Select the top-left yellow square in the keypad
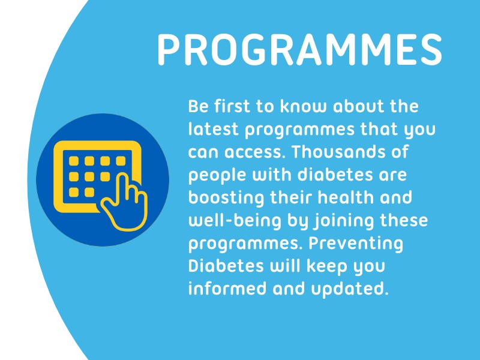[74, 161]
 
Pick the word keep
[319, 265]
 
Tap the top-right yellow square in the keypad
[121, 161]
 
